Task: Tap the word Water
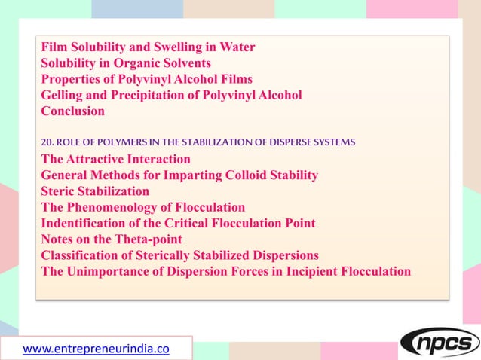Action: pyautogui.click(x=237, y=47)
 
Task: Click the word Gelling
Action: pyautogui.click(x=63, y=95)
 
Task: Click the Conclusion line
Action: pyautogui.click(x=72, y=111)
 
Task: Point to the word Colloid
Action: pyautogui.click(x=251, y=175)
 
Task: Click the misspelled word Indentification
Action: pyautogui.click(x=86, y=223)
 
